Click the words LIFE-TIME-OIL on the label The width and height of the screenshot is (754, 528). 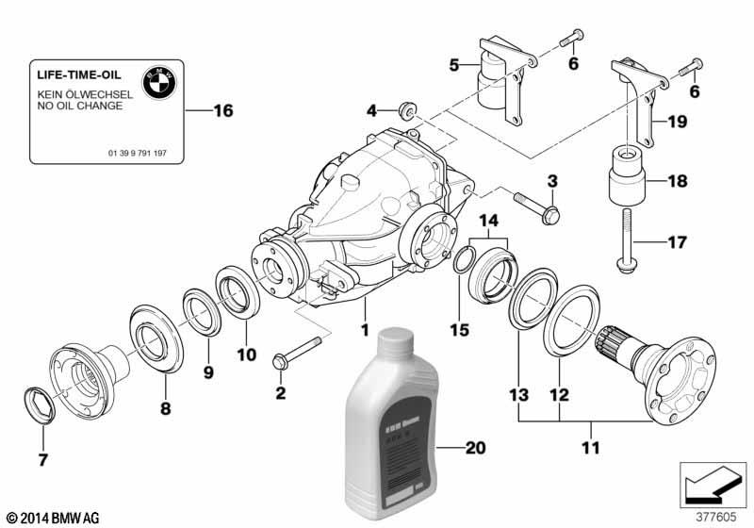(x=75, y=74)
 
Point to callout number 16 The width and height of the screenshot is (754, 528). (x=222, y=111)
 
